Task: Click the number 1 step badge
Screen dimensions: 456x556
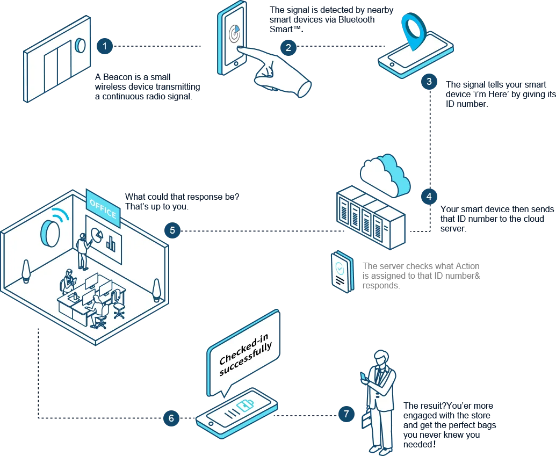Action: [105, 46]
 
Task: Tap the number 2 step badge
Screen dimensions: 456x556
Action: [288, 47]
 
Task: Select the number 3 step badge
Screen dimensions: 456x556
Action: [429, 82]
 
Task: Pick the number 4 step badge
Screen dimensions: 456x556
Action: [429, 196]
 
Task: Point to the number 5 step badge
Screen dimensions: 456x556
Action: [172, 231]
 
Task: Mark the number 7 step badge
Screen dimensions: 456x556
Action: [346, 414]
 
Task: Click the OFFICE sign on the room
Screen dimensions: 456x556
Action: [102, 208]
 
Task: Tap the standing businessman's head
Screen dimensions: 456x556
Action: [380, 358]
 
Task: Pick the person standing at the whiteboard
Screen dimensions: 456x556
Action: [83, 251]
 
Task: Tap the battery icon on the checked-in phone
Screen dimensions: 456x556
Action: [244, 406]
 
